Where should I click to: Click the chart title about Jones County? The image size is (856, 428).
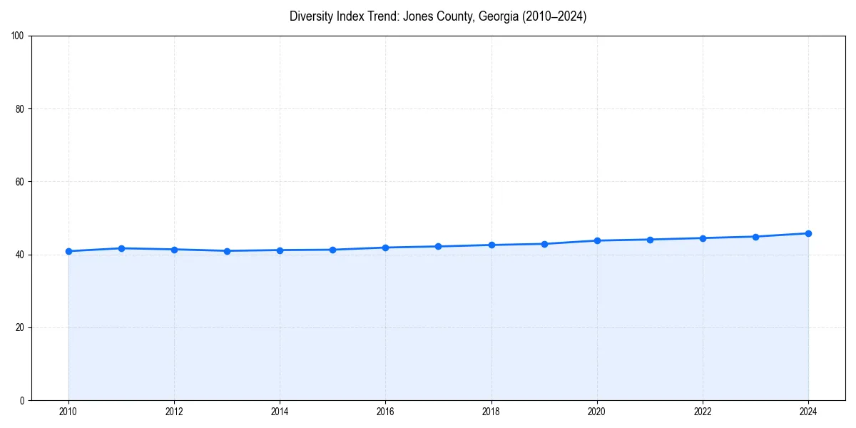(x=438, y=16)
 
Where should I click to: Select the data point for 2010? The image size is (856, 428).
(x=68, y=251)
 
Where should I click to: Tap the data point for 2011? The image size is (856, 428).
(x=121, y=248)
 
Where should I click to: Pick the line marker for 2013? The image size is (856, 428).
(x=227, y=251)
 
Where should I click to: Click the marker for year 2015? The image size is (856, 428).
(x=332, y=250)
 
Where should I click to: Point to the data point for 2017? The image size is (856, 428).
(x=438, y=247)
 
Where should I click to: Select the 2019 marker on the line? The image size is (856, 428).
(x=544, y=244)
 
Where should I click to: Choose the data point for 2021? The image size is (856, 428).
(x=650, y=240)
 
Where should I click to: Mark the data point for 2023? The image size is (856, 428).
(x=755, y=237)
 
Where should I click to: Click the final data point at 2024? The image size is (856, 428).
(x=808, y=233)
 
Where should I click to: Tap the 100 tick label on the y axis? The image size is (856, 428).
(x=18, y=36)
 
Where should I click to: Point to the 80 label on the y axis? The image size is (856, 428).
(x=20, y=109)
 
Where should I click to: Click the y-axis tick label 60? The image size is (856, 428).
(x=20, y=182)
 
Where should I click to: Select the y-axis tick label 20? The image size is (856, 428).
(x=20, y=327)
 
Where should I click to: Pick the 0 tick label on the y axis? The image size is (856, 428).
(x=22, y=400)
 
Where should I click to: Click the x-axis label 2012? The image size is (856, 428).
(x=174, y=412)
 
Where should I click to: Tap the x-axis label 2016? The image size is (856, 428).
(x=385, y=412)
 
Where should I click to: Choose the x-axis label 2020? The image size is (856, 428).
(x=597, y=412)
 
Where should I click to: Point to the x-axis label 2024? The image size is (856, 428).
(x=808, y=412)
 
